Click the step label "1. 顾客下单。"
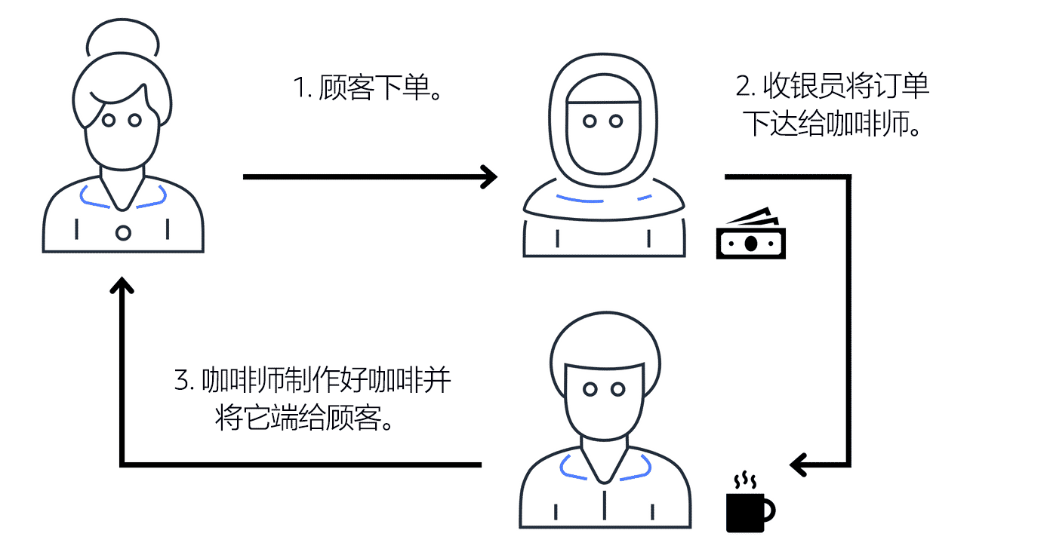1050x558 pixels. click(x=368, y=89)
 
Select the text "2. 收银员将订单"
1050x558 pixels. click(x=833, y=87)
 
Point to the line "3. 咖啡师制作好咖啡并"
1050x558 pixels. click(x=313, y=381)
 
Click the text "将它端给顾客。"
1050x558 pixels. click(x=305, y=419)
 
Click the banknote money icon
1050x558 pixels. click(x=750, y=236)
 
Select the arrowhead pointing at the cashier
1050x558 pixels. click(x=490, y=177)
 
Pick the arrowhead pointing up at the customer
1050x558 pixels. click(x=122, y=286)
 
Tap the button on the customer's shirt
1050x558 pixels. click(x=123, y=232)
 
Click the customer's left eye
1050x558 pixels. click(x=109, y=120)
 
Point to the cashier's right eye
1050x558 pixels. click(x=617, y=121)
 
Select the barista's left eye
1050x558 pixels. click(x=591, y=389)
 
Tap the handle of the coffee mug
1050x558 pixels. click(x=768, y=510)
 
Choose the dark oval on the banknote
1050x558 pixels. click(x=750, y=244)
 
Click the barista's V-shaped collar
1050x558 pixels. click(x=604, y=468)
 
